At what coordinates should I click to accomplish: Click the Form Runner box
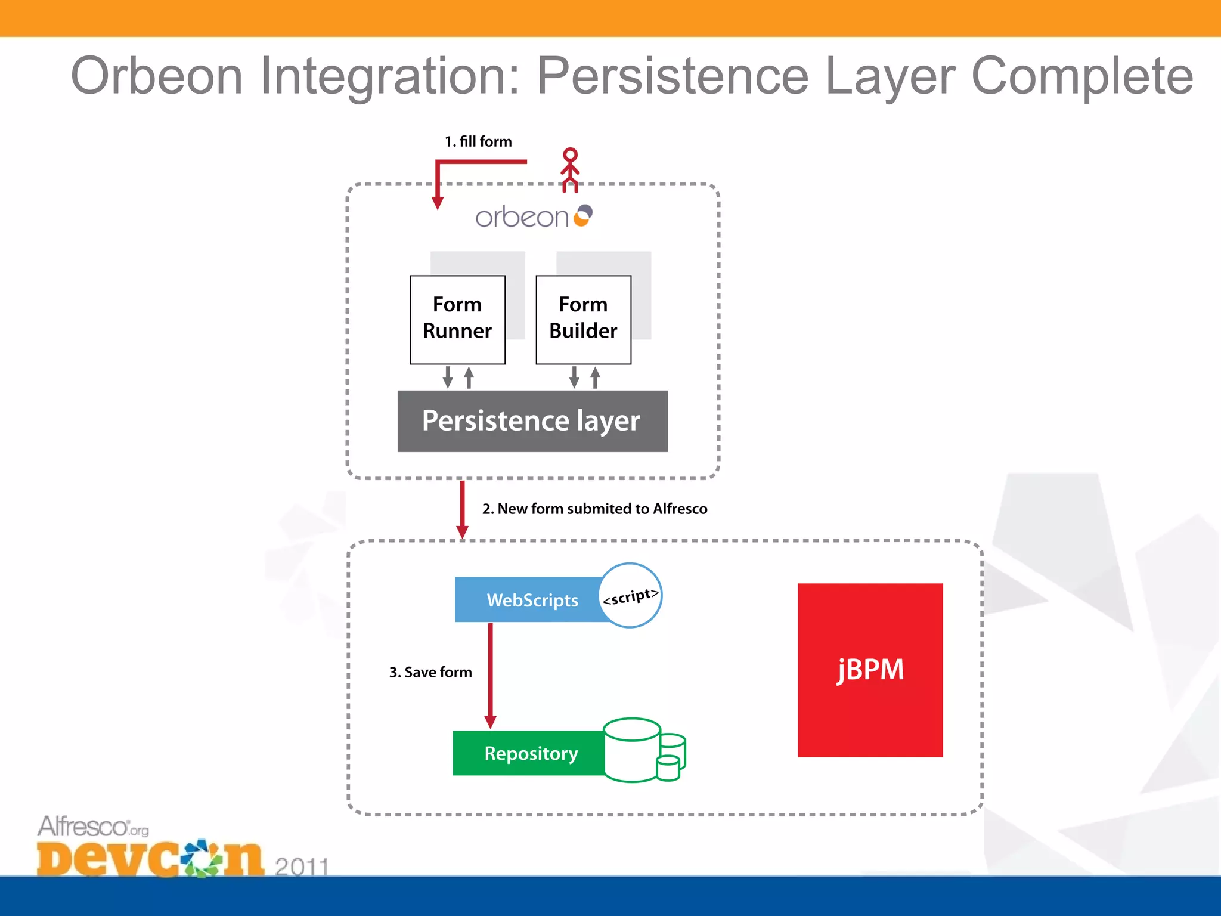(x=457, y=319)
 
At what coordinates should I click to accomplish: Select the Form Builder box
(x=583, y=319)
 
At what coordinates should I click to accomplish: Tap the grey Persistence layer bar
(x=532, y=421)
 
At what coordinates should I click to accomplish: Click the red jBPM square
(x=870, y=670)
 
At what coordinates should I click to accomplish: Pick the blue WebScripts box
(x=528, y=599)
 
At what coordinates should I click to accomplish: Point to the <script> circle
(x=631, y=595)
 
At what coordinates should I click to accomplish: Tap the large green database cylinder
(x=632, y=750)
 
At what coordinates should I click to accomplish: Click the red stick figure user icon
(x=570, y=170)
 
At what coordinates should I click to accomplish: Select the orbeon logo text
(x=522, y=217)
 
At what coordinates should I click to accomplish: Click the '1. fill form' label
(x=478, y=141)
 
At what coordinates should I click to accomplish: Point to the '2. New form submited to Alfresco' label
(x=594, y=509)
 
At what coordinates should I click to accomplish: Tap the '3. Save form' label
(x=430, y=672)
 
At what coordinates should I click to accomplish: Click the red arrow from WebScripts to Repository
(x=491, y=674)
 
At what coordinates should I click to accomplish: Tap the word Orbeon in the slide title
(x=157, y=76)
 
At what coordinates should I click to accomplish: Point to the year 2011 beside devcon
(x=301, y=865)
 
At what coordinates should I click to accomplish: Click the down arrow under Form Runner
(x=448, y=377)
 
